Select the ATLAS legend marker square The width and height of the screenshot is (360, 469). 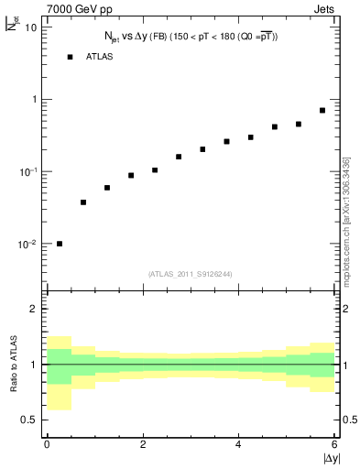tap(69, 57)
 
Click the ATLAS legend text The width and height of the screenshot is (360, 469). tap(100, 57)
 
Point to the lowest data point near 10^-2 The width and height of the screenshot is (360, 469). tap(60, 244)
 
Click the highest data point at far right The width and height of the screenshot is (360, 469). tap(322, 110)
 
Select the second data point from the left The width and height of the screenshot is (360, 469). tap(83, 202)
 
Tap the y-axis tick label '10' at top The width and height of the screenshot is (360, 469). tap(30, 27)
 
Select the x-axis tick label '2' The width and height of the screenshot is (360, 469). tap(143, 445)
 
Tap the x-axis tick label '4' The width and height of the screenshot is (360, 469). tap(239, 445)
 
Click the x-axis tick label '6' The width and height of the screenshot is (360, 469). tap(334, 445)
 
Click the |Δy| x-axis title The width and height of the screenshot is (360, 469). tap(331, 459)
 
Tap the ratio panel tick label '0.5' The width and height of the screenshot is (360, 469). tap(29, 420)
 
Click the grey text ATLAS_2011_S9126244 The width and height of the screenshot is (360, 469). tap(191, 272)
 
